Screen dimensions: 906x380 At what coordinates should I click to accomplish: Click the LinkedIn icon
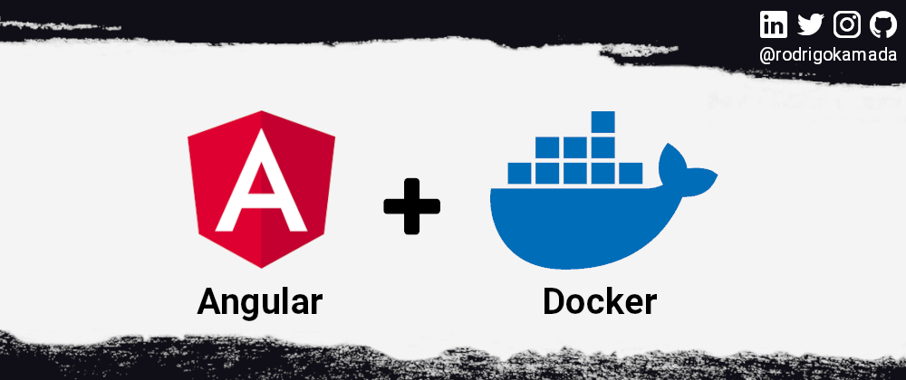coord(773,24)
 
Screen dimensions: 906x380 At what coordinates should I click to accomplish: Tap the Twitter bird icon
coord(811,24)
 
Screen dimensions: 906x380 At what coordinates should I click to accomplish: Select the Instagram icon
coord(847,24)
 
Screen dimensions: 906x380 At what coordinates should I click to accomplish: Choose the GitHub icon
coord(882,24)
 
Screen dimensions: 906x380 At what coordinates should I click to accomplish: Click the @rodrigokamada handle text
coord(828,55)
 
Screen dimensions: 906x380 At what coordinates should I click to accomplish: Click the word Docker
coord(600,301)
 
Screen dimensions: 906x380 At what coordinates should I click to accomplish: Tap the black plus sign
coord(412,206)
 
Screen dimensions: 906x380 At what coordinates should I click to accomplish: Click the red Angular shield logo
coord(261,189)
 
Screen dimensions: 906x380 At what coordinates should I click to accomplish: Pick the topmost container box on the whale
coord(602,122)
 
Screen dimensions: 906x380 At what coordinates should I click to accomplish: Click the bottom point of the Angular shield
coord(261,268)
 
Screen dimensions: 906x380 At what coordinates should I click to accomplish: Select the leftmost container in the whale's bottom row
coord(519,173)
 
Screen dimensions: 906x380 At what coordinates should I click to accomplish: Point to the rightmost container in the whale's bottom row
coord(631,173)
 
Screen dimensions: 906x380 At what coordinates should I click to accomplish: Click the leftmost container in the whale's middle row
coord(547,147)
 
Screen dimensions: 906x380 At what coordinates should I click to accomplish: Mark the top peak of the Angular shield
coord(261,110)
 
